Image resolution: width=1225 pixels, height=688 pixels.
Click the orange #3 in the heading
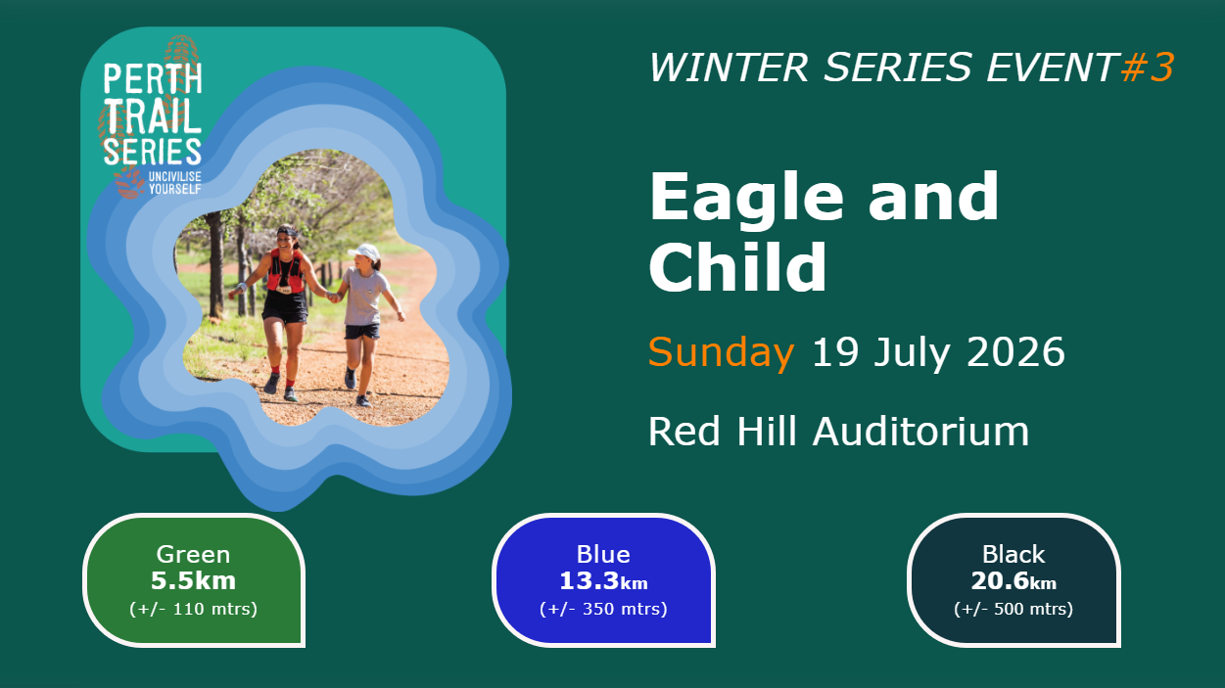[x=1147, y=68]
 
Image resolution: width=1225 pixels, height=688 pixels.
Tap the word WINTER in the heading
[x=729, y=68]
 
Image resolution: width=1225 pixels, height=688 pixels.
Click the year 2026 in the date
[x=1015, y=351]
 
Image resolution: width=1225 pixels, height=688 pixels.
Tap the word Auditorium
[x=920, y=432]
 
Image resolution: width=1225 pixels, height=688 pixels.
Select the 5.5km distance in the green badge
[x=194, y=580]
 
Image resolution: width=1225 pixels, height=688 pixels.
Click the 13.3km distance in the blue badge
[x=603, y=581]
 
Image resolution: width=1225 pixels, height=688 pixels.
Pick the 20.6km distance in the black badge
[x=1013, y=581]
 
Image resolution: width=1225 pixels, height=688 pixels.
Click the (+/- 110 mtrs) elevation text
[x=194, y=609]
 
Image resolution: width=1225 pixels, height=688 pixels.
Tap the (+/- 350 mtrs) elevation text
[x=603, y=609]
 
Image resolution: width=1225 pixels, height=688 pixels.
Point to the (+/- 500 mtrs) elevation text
[x=1013, y=609]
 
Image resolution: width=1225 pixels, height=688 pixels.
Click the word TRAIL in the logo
[x=153, y=115]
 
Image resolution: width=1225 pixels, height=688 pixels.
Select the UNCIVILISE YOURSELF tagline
[x=175, y=183]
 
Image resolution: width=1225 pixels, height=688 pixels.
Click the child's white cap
[x=365, y=252]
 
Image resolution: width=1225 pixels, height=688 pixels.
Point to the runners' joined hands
[x=333, y=297]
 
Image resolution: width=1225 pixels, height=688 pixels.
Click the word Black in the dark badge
[x=1013, y=554]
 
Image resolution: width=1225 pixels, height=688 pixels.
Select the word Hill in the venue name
[x=766, y=432]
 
